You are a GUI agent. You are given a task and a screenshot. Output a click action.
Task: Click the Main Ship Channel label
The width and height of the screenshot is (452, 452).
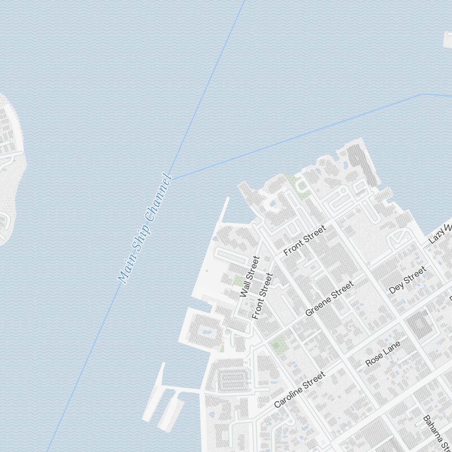145,229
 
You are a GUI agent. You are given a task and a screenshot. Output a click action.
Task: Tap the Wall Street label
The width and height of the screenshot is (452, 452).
250,277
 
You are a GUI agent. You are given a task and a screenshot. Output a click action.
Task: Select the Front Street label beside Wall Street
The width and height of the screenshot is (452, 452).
263,296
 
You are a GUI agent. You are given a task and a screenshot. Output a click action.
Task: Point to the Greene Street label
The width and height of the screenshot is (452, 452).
329,299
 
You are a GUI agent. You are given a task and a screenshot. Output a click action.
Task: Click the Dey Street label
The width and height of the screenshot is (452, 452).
408,280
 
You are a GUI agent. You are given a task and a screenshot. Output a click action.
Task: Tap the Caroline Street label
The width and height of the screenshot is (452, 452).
300,389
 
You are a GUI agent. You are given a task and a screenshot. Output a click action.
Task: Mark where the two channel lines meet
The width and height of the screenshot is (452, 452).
170,179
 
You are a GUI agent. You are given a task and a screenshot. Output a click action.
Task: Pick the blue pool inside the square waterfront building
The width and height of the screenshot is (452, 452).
208,332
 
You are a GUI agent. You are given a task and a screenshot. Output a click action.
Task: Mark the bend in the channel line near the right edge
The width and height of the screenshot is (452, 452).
422,94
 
